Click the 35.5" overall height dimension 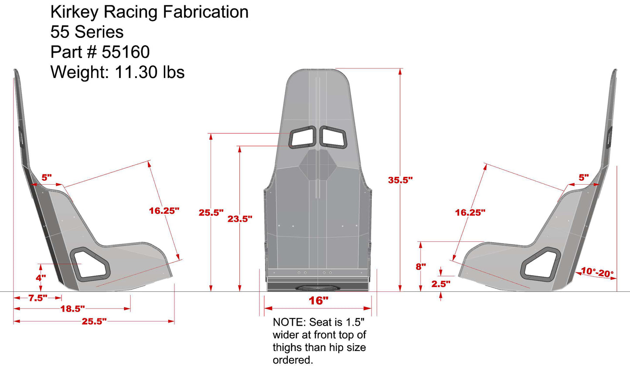tap(400, 180)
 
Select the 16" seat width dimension tap(318, 300)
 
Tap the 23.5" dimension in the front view tap(239, 219)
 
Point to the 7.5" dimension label tap(37, 298)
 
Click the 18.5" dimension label tap(72, 309)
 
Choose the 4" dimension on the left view tap(41, 278)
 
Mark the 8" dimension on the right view tap(420, 266)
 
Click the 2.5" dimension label tap(441, 284)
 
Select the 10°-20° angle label tap(597, 273)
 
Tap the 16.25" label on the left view tap(164, 211)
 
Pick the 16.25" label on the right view tap(470, 213)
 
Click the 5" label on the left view tap(47, 178)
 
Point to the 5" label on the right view tap(583, 178)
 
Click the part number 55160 tap(126, 52)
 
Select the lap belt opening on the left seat tap(91, 263)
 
